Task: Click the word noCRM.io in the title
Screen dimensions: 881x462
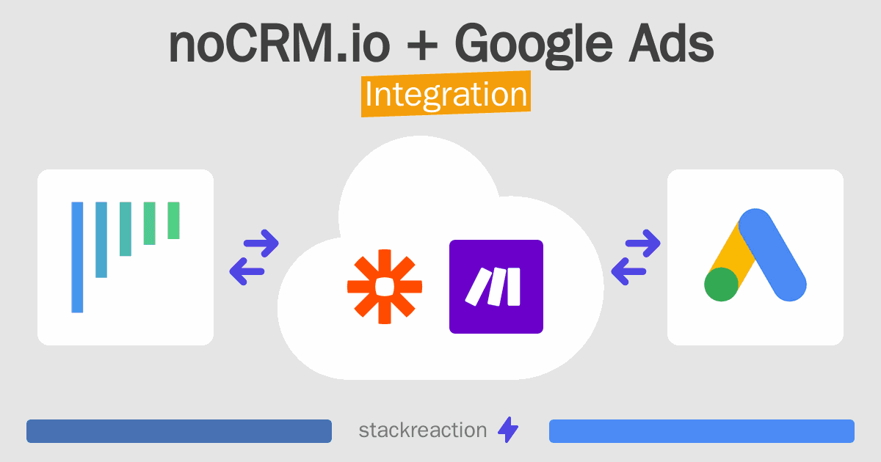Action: (x=279, y=43)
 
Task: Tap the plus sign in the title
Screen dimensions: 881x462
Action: (x=422, y=46)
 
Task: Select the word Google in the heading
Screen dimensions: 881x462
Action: (x=533, y=45)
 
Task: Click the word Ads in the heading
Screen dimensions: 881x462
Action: (x=671, y=43)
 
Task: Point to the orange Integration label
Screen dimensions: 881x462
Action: (x=446, y=94)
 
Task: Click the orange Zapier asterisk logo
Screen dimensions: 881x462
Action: (x=384, y=287)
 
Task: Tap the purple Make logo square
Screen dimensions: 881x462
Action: (x=496, y=287)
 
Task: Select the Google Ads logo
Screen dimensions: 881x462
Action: (x=755, y=255)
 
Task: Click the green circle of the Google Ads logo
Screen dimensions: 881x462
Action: (x=721, y=285)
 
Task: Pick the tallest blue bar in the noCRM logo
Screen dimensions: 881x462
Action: (x=77, y=257)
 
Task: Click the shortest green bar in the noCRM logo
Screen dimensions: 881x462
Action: (x=173, y=221)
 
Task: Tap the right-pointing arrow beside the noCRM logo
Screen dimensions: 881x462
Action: (x=261, y=243)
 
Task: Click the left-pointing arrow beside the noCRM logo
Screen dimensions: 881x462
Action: (x=247, y=271)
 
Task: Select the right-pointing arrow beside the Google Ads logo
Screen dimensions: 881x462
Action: (x=642, y=243)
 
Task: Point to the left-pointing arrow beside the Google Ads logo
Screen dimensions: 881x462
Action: (x=628, y=271)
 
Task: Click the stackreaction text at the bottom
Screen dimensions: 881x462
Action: (x=423, y=430)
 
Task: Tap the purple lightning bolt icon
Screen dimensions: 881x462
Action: (x=508, y=430)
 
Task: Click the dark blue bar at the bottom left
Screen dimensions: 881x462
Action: (x=179, y=431)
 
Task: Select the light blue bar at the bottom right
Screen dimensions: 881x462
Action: (x=702, y=431)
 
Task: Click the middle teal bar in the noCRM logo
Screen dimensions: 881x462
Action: (x=126, y=229)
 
